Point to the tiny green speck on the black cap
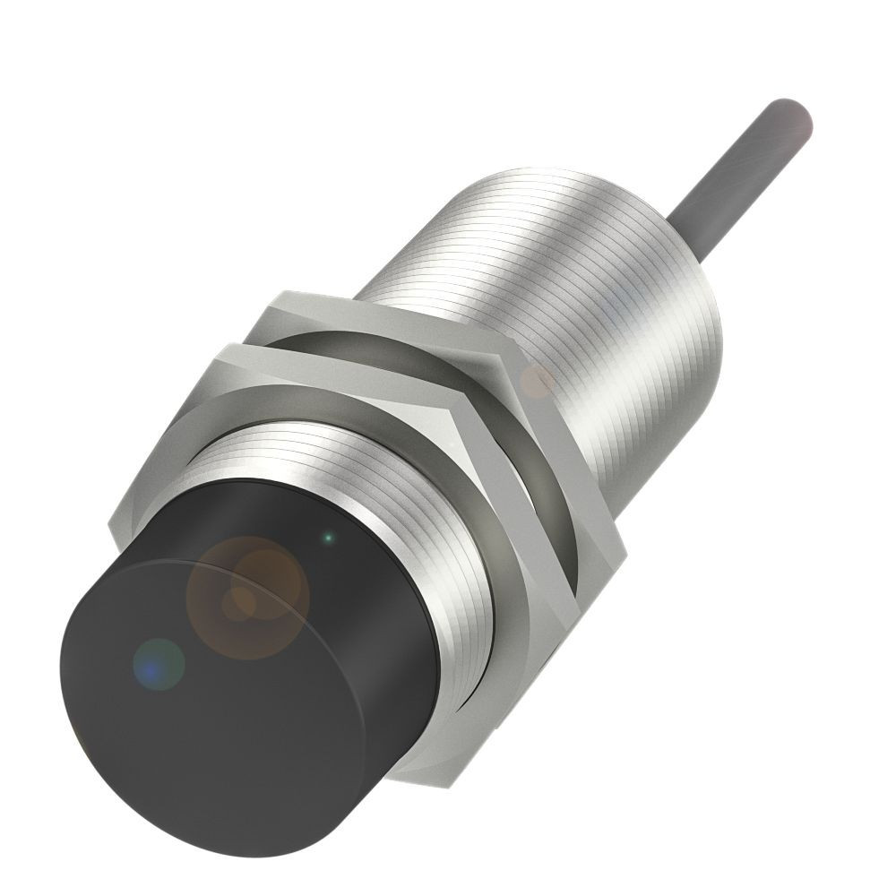(328, 538)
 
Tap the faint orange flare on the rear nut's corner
(538, 381)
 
